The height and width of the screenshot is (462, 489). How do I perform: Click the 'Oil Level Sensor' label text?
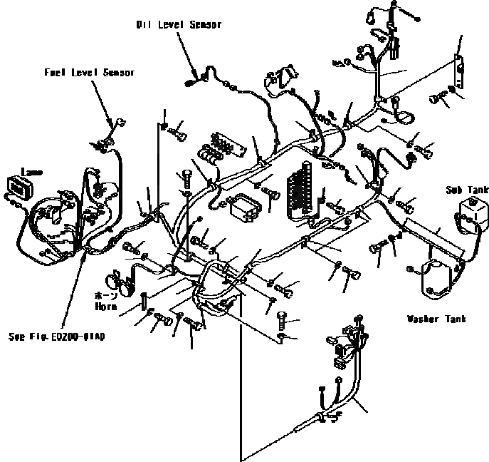pos(179,25)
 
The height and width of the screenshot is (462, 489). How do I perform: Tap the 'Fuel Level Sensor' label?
pos(89,73)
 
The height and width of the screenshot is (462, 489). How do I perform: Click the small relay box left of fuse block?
pos(244,207)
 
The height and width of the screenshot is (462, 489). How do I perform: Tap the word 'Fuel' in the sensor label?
pos(54,73)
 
